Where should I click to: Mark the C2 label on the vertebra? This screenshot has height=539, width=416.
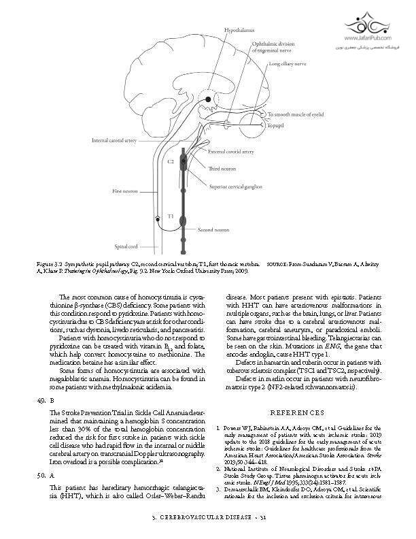click(x=171, y=162)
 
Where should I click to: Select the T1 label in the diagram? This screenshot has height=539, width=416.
click(x=171, y=216)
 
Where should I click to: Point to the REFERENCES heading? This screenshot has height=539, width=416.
click(x=298, y=412)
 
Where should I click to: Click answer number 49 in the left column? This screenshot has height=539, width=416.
click(x=41, y=401)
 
